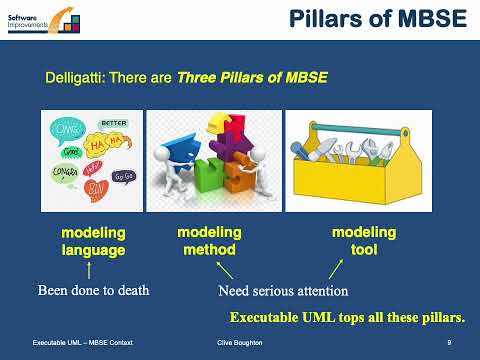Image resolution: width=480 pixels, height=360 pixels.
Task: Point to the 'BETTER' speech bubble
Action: point(115,125)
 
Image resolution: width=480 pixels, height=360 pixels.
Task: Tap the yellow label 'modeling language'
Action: point(93,241)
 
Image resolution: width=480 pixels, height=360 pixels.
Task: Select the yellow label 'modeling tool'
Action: point(364,241)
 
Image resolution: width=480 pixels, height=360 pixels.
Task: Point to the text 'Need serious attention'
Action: point(282,293)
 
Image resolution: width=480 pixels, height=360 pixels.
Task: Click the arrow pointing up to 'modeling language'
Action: point(91,271)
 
